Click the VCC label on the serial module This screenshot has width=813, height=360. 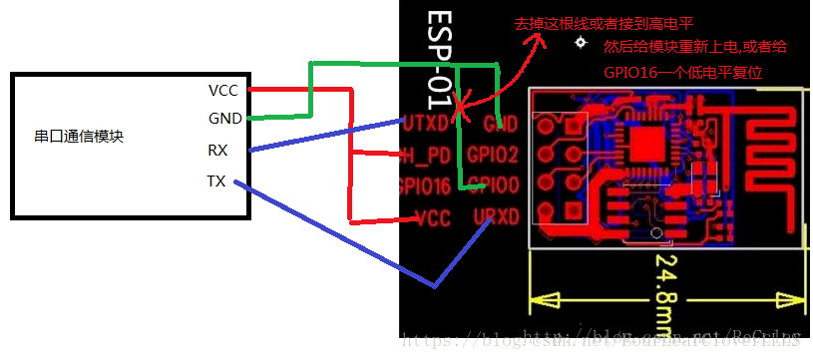tap(222, 90)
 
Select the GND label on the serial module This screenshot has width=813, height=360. tap(222, 119)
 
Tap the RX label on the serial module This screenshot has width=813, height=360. tap(216, 151)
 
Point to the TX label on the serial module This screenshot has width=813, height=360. tap(216, 180)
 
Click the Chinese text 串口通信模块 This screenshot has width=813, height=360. tap(79, 137)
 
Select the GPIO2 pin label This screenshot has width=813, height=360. tap(492, 156)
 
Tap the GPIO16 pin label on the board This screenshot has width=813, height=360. tap(424, 185)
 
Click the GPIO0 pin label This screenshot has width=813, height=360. tap(492, 185)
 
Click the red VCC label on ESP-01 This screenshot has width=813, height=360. tap(432, 216)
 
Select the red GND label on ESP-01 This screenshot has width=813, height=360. tap(499, 124)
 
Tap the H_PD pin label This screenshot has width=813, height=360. tap(427, 156)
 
